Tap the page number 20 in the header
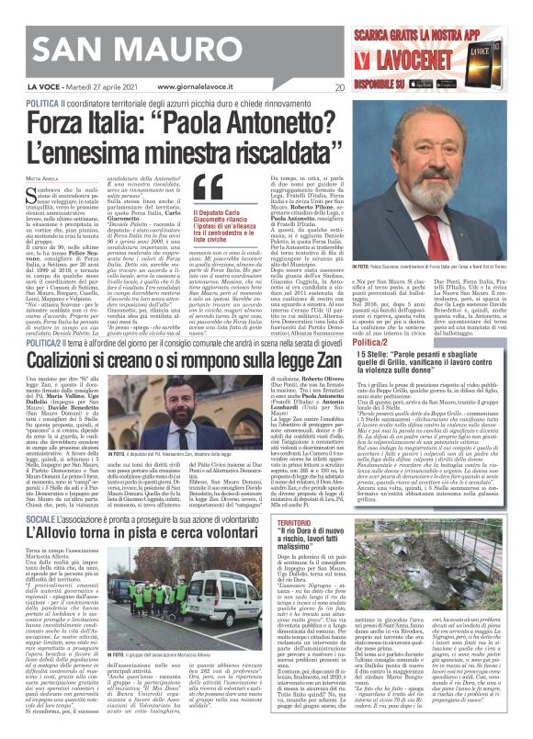click(x=339, y=88)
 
